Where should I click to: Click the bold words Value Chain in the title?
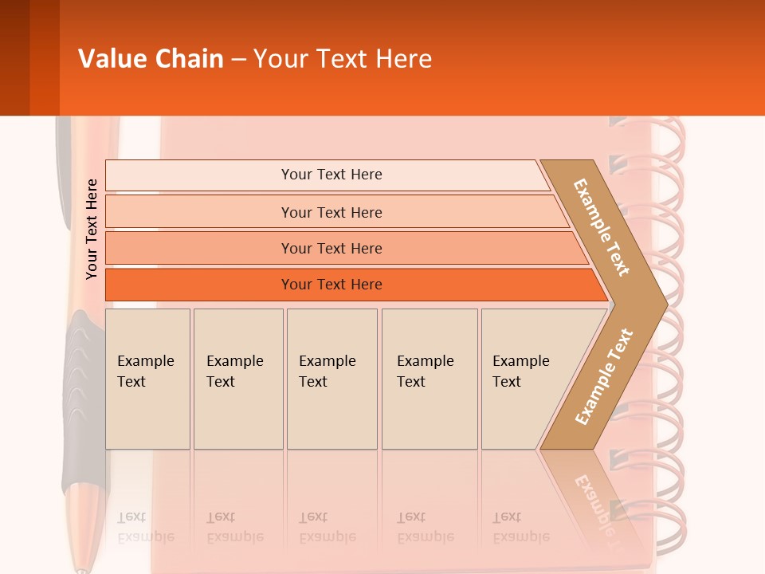(151, 59)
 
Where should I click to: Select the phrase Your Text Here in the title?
(343, 59)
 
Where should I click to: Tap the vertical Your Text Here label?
(92, 229)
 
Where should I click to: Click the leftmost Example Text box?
(147, 379)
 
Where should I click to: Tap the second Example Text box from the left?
(237, 379)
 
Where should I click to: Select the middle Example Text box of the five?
(331, 379)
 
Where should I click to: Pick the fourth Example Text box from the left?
(429, 379)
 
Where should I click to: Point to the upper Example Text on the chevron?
(602, 227)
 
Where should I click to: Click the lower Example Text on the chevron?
(603, 377)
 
